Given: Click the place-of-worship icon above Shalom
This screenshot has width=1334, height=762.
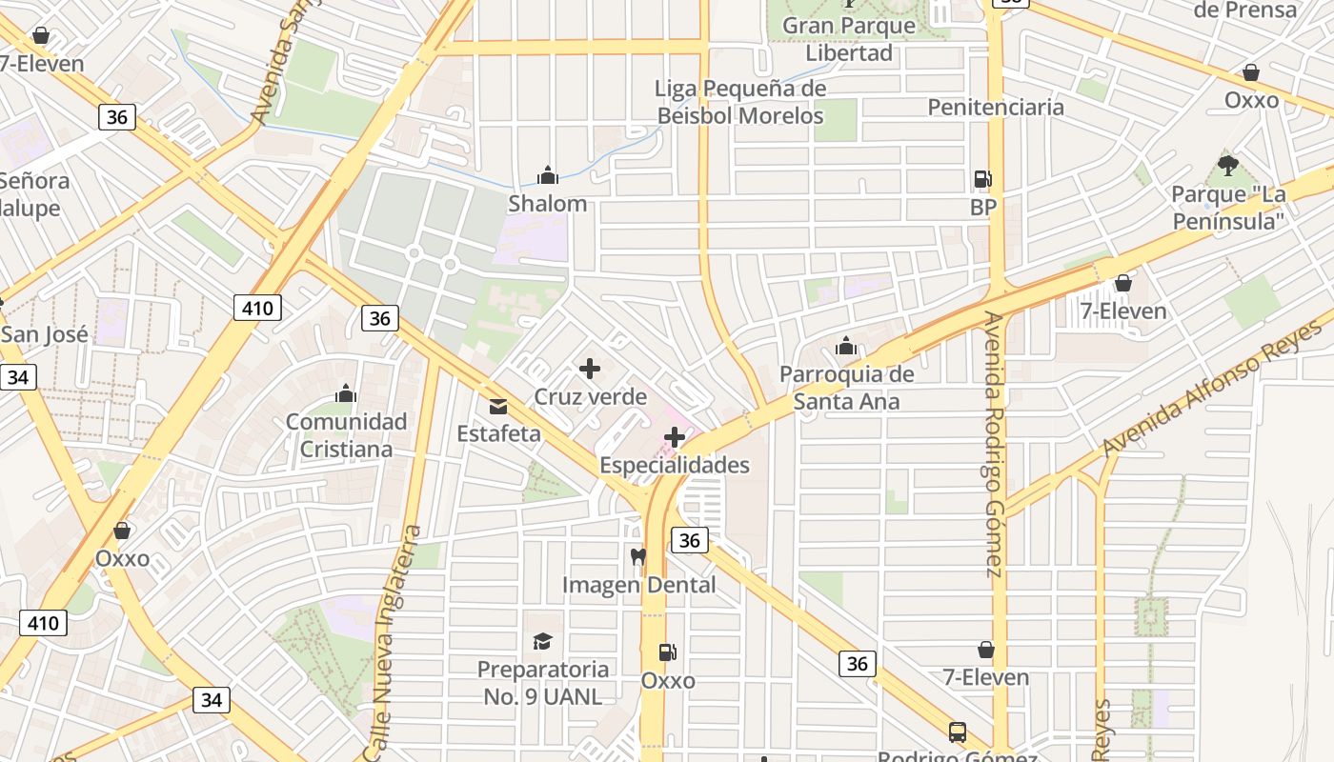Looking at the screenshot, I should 547,175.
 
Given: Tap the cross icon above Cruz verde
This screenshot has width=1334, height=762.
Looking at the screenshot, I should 590,369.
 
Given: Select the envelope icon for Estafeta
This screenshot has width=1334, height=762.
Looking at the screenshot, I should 497,407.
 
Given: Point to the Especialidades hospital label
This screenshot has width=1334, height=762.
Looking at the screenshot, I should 675,465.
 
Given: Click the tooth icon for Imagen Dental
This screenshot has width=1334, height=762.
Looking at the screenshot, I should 638,555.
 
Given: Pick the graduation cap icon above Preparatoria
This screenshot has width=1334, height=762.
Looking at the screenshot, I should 542,641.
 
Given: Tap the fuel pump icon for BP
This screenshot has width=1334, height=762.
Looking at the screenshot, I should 982,178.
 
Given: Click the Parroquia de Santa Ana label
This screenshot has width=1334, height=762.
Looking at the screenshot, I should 846,388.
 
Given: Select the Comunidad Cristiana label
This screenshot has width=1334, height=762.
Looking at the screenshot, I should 346,434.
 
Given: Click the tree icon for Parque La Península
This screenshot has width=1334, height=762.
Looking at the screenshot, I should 1228,166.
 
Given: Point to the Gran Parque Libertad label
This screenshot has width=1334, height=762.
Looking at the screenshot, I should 849,39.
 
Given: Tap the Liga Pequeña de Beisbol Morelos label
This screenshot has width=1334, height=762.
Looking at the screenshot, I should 740,102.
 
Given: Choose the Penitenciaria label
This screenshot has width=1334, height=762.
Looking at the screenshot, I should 996,107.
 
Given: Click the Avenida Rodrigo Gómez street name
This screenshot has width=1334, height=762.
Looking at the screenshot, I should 994,444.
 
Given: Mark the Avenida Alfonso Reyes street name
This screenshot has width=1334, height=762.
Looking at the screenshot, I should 1211,387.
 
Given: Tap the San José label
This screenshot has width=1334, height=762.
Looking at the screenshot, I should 45,334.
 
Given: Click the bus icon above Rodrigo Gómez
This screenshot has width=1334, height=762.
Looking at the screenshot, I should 958,732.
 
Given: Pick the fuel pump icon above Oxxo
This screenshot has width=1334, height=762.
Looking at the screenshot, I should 668,652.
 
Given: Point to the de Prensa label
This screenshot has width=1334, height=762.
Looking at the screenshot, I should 1244,10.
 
